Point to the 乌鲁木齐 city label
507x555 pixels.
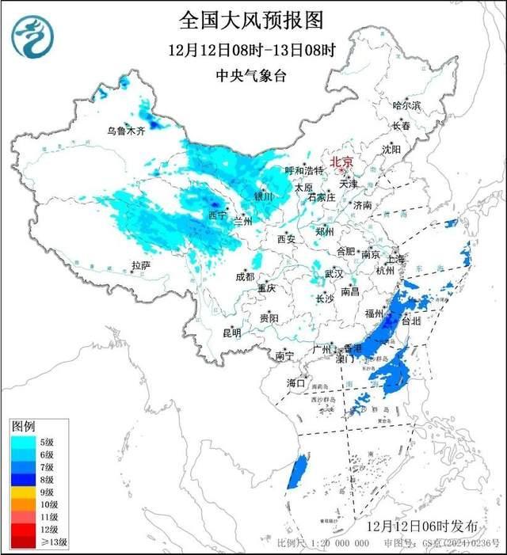[127, 131]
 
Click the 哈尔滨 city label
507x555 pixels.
[407, 105]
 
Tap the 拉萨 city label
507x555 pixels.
[141, 266]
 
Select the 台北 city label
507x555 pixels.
[413, 321]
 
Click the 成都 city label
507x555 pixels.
[245, 276]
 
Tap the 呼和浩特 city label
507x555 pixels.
[304, 171]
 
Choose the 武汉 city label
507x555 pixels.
[334, 274]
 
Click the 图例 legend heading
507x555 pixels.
[24, 428]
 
